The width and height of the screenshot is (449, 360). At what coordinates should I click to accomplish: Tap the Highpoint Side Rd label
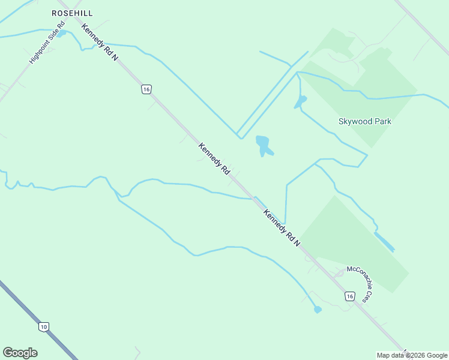[47, 44]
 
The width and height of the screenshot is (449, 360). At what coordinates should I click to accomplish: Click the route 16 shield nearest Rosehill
[146, 89]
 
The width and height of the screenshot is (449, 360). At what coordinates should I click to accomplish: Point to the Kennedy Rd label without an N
[214, 158]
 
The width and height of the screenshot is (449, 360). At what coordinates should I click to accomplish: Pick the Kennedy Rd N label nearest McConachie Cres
[282, 227]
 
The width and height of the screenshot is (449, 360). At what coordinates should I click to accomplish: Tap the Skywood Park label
[365, 121]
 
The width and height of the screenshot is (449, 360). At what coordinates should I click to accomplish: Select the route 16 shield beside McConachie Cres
[349, 296]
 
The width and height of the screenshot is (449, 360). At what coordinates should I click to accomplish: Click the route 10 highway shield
[43, 327]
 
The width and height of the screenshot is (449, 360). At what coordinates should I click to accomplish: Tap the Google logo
[20, 353]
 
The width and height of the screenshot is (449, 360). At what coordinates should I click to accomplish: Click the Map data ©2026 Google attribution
[412, 355]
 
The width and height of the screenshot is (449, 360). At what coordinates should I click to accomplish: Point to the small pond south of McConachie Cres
[318, 310]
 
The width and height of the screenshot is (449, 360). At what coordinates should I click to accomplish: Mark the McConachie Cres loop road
[339, 274]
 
